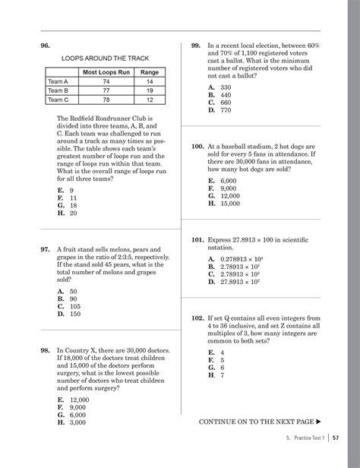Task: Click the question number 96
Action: click(46, 46)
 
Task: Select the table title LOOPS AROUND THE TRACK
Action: click(105, 58)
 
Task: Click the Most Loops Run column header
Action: click(106, 71)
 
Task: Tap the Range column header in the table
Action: click(150, 71)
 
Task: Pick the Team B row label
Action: click(58, 90)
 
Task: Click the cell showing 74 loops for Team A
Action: click(106, 81)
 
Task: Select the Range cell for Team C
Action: click(150, 100)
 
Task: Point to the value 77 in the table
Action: click(106, 90)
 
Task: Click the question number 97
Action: click(46, 248)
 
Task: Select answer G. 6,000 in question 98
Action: click(73, 415)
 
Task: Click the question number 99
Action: click(196, 46)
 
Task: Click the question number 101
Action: click(197, 239)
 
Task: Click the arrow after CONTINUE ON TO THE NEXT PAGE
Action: click(318, 421)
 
